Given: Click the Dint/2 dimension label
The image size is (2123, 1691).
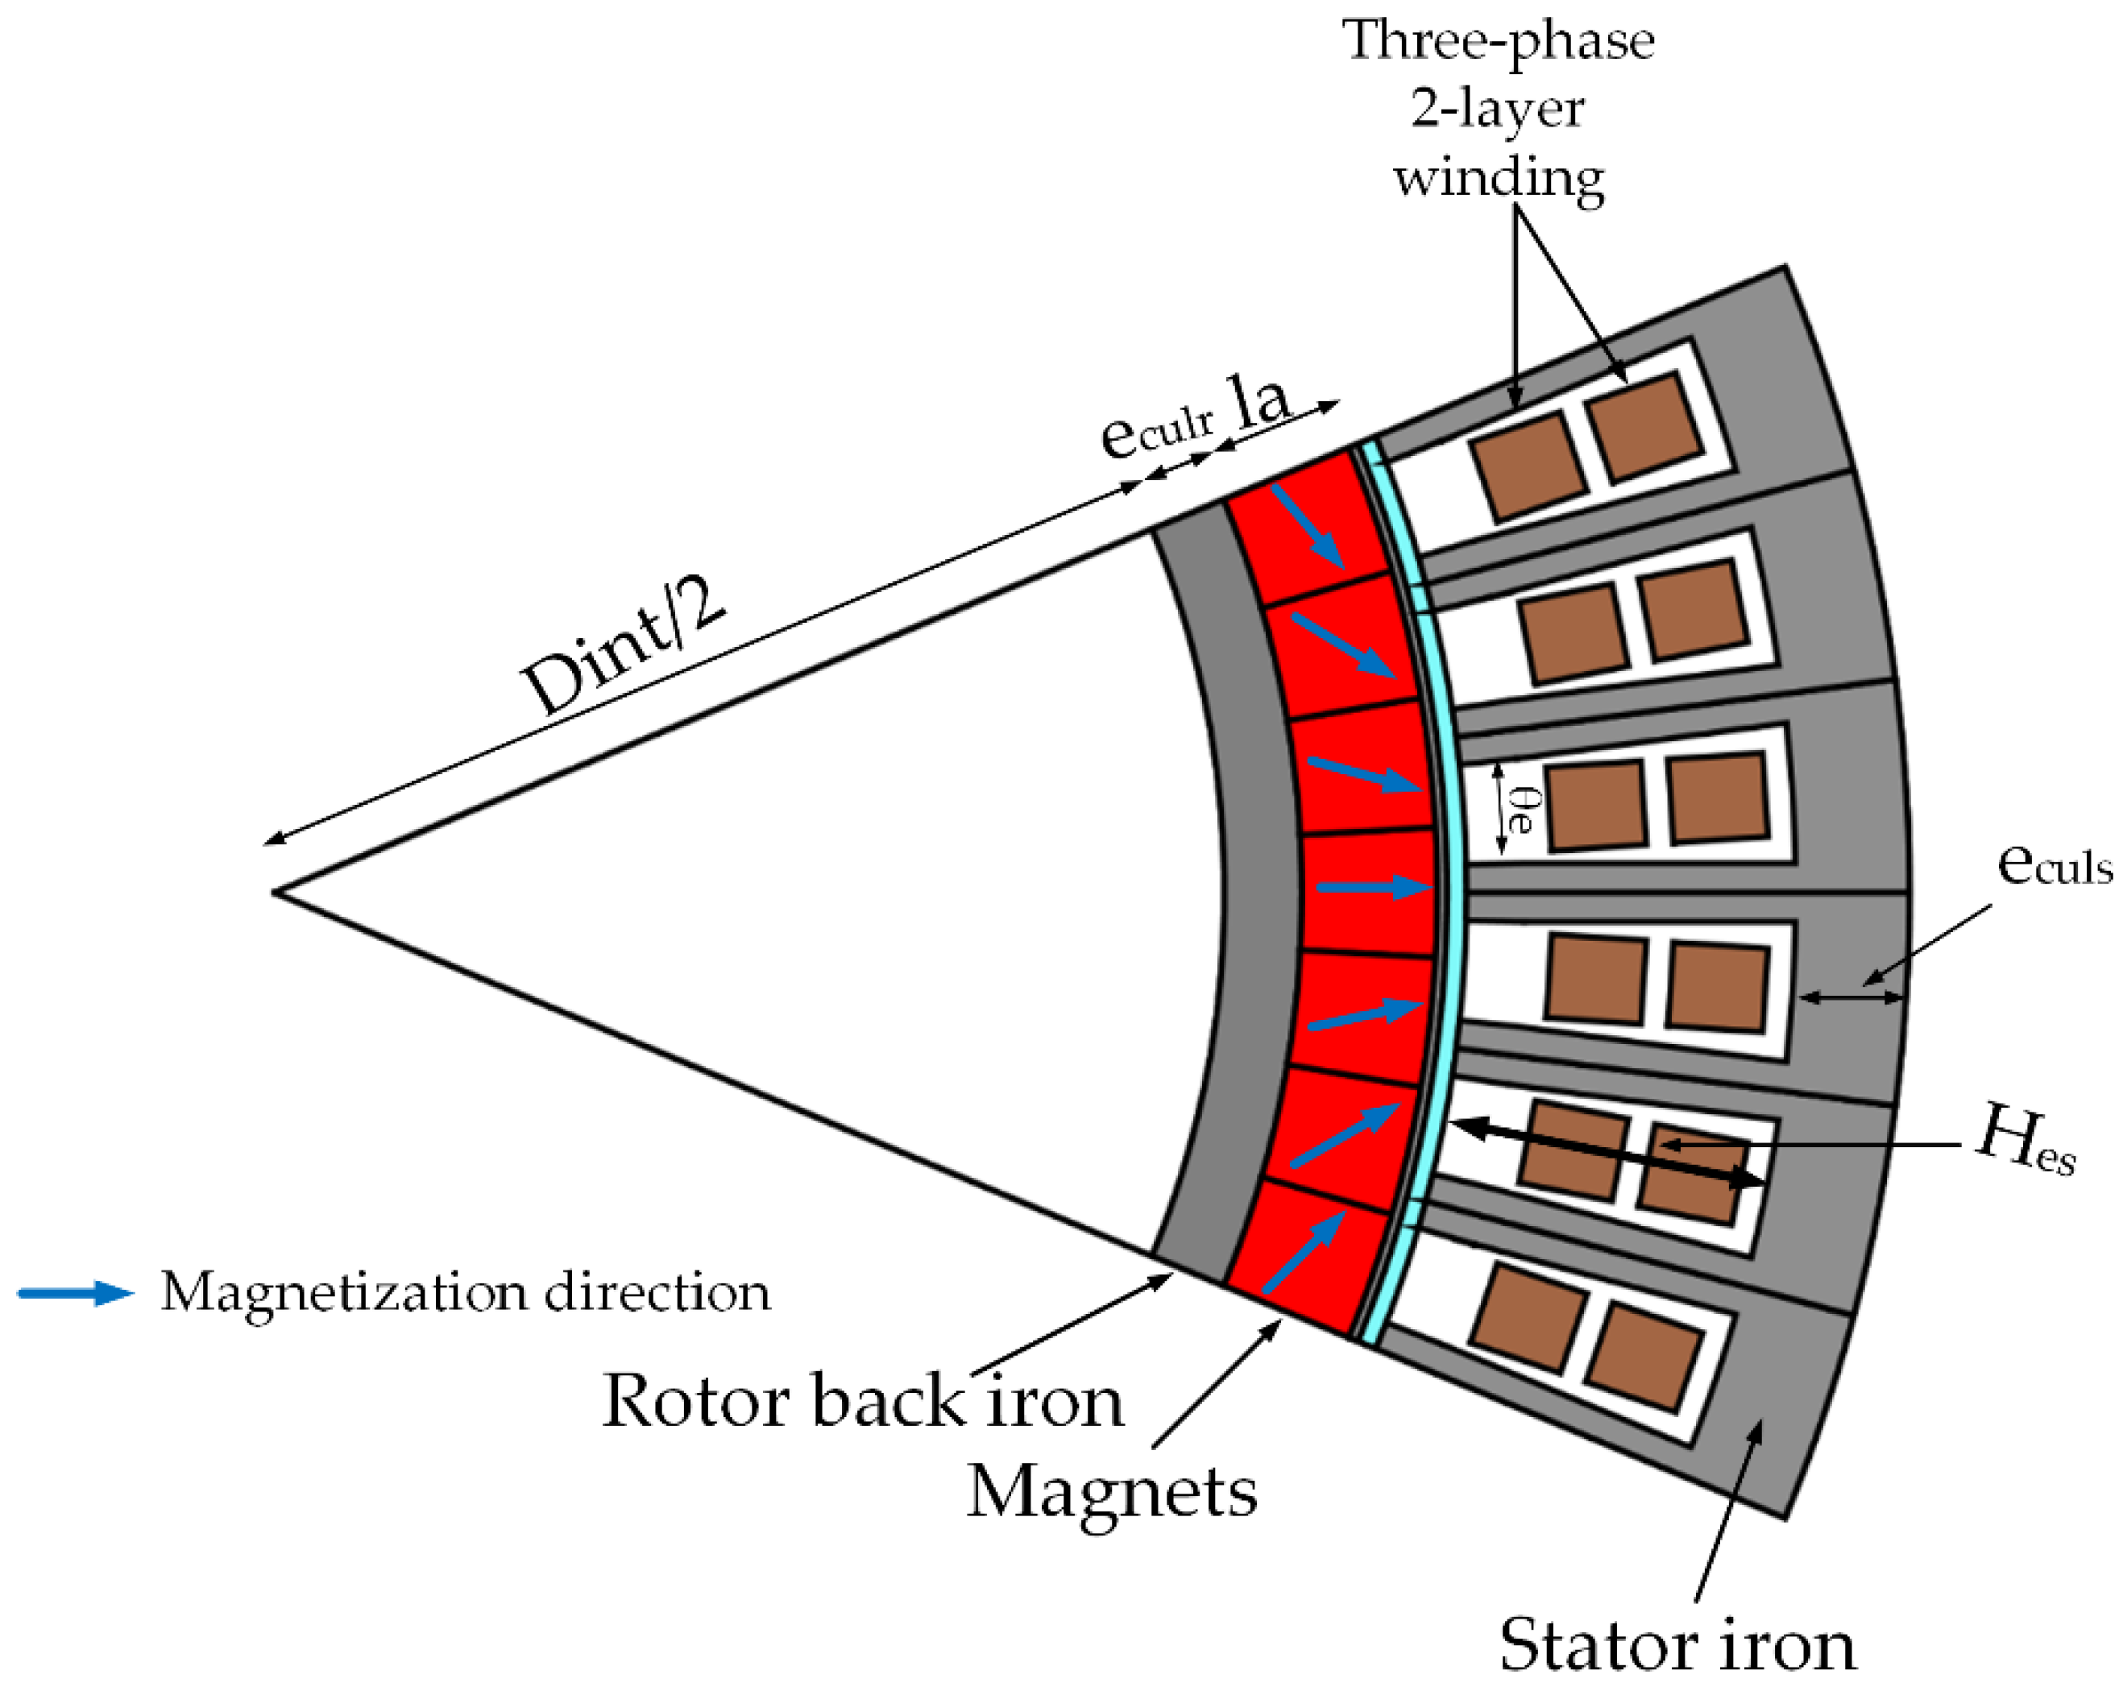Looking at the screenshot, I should [x=624, y=647].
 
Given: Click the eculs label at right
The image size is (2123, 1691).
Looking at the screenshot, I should [x=2053, y=864].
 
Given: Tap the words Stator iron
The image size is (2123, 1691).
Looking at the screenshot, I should [x=1677, y=1646].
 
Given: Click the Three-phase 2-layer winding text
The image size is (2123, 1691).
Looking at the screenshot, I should [x=1498, y=108].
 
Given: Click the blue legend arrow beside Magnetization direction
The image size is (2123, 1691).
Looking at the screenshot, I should [x=75, y=1293].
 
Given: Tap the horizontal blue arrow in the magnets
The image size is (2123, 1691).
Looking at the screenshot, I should [x=1373, y=887].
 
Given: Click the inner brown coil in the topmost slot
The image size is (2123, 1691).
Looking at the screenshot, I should [x=1528, y=466].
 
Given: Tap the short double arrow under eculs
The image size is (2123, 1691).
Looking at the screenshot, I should [x=1850, y=997].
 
